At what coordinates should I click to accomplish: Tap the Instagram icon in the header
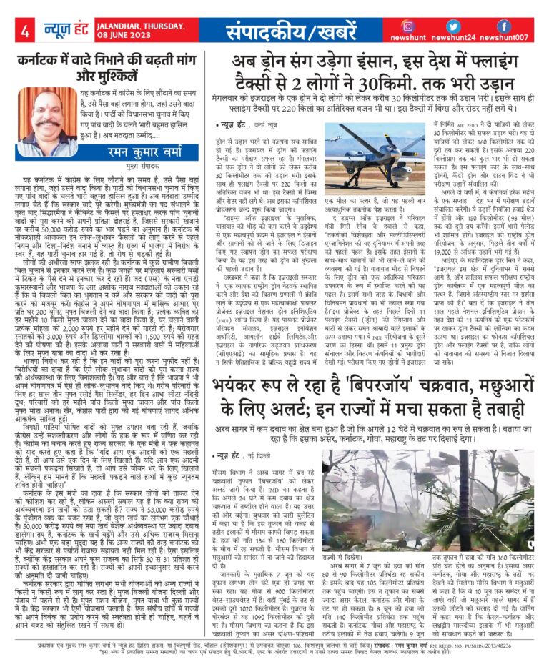(407, 26)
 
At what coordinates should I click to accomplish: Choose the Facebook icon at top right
(505, 26)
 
